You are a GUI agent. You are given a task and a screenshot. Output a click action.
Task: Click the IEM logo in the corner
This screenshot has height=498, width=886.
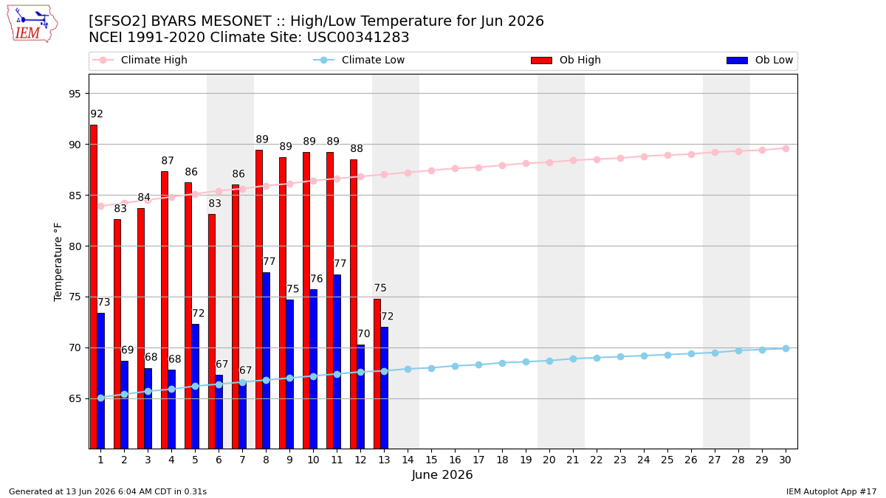(x=32, y=24)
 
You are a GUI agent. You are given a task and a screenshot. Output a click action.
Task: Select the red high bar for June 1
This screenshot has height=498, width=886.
(x=94, y=287)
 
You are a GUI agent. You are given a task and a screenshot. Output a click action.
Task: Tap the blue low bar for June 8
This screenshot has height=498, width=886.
(x=267, y=361)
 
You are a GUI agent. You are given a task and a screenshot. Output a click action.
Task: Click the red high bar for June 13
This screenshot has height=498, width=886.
(x=377, y=374)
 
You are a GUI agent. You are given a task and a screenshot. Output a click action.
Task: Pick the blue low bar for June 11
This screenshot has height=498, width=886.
(x=337, y=362)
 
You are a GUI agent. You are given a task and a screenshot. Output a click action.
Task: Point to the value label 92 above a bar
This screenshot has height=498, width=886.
(x=97, y=114)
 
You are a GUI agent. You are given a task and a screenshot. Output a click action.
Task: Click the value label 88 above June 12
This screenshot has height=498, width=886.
(x=357, y=148)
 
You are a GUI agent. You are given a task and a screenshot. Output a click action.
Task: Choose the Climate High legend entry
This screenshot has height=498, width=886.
(x=140, y=60)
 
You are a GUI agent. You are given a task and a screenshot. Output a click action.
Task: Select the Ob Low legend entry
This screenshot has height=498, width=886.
(x=760, y=60)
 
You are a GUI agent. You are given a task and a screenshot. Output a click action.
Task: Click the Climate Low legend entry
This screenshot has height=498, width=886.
(x=359, y=60)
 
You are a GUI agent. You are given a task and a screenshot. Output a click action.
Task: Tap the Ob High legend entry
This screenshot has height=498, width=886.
(x=566, y=60)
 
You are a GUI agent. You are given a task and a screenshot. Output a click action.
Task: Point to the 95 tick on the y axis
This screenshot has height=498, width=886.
(x=75, y=94)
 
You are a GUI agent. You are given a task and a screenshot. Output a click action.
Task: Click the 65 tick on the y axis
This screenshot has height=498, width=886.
(x=75, y=399)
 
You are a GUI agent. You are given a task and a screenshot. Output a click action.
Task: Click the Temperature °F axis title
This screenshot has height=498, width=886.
(x=58, y=262)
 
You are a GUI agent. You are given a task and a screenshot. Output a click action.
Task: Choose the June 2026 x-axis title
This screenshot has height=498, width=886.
(x=442, y=474)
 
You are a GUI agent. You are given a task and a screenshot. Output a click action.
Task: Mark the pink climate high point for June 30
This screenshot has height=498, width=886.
(x=786, y=148)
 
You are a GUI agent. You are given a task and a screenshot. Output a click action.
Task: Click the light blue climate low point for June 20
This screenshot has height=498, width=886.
(x=549, y=361)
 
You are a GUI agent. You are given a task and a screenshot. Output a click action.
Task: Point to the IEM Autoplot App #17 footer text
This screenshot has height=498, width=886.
(x=831, y=491)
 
